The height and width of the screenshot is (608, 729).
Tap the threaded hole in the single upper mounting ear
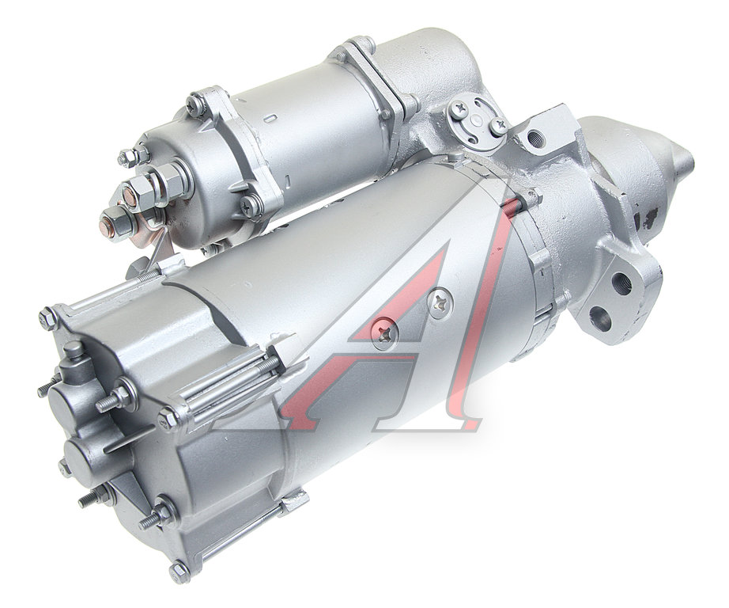click(x=535, y=136)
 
